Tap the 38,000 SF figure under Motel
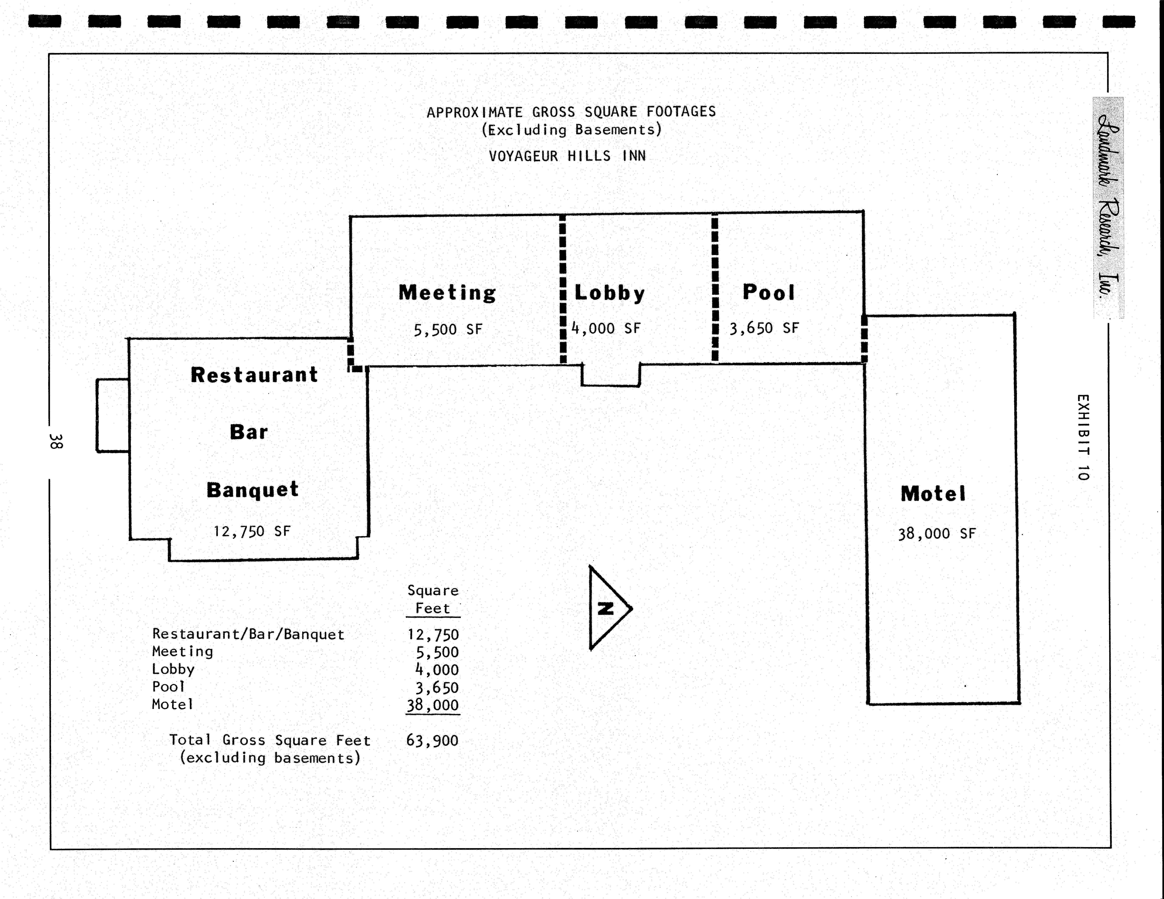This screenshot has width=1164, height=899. pos(936,534)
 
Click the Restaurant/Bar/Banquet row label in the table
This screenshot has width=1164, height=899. pos(248,634)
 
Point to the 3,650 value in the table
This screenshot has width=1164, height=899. pos(437,687)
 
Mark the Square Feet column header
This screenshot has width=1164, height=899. pos(433,599)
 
